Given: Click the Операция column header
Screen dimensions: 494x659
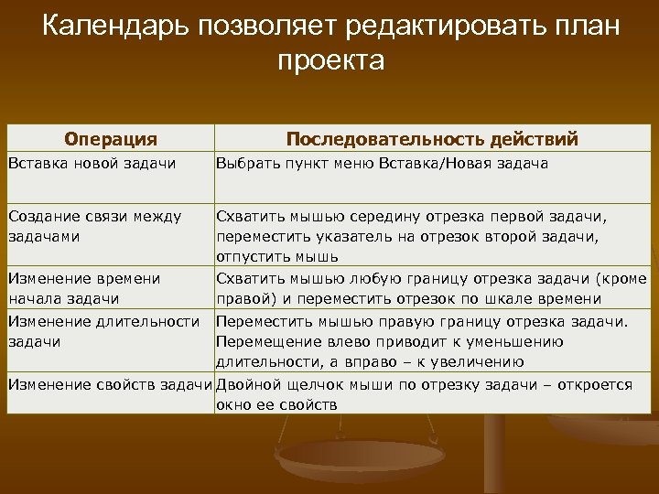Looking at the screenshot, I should (111, 139).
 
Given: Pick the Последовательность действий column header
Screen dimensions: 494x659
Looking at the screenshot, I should (432, 139).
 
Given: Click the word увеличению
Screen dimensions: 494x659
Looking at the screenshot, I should (480, 360).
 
